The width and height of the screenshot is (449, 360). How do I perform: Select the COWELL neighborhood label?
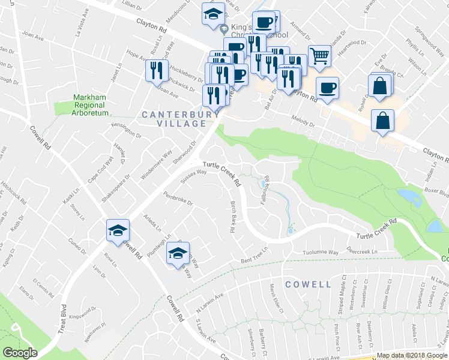309,284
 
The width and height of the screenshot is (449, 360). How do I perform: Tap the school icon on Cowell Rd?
118,230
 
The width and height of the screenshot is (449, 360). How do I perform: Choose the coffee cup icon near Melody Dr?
327,88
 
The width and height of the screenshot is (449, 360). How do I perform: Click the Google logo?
20,352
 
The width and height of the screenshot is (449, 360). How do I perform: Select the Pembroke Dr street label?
178,199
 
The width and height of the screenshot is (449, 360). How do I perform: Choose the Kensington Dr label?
125,130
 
